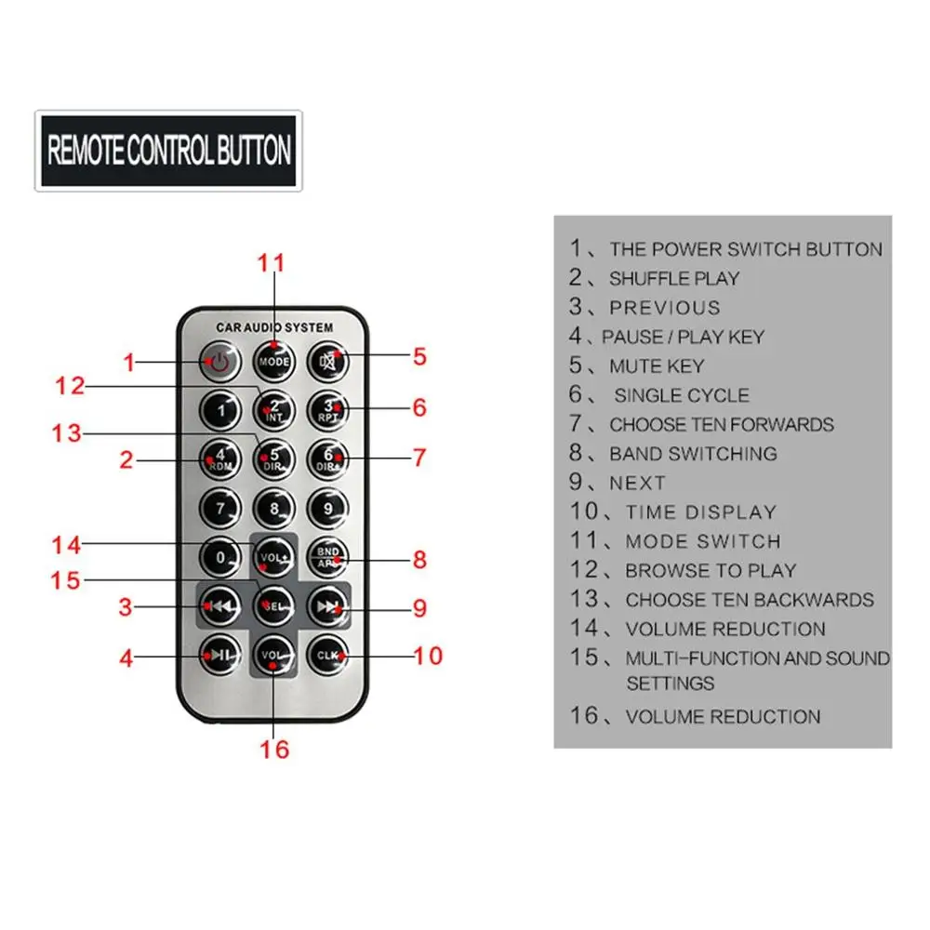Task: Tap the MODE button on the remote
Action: pyautogui.click(x=274, y=361)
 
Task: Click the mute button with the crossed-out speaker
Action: pyautogui.click(x=328, y=361)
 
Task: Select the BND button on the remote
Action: pyautogui.click(x=328, y=557)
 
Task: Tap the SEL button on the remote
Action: pyautogui.click(x=274, y=606)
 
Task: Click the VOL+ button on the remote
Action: pyautogui.click(x=274, y=557)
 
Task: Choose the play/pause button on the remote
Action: pyautogui.click(x=220, y=655)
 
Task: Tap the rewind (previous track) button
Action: pyautogui.click(x=220, y=606)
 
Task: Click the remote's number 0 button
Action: pyautogui.click(x=220, y=557)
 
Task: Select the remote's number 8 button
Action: pyautogui.click(x=274, y=509)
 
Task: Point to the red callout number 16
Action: pyautogui.click(x=274, y=750)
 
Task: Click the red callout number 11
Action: pyautogui.click(x=271, y=263)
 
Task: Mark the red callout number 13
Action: pyautogui.click(x=66, y=433)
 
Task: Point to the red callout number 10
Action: pyautogui.click(x=428, y=656)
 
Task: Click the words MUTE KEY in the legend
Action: pyautogui.click(x=657, y=365)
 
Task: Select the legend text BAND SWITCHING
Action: pyautogui.click(x=694, y=454)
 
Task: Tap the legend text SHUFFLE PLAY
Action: pyautogui.click(x=674, y=278)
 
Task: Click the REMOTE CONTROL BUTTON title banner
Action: pyautogui.click(x=169, y=151)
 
